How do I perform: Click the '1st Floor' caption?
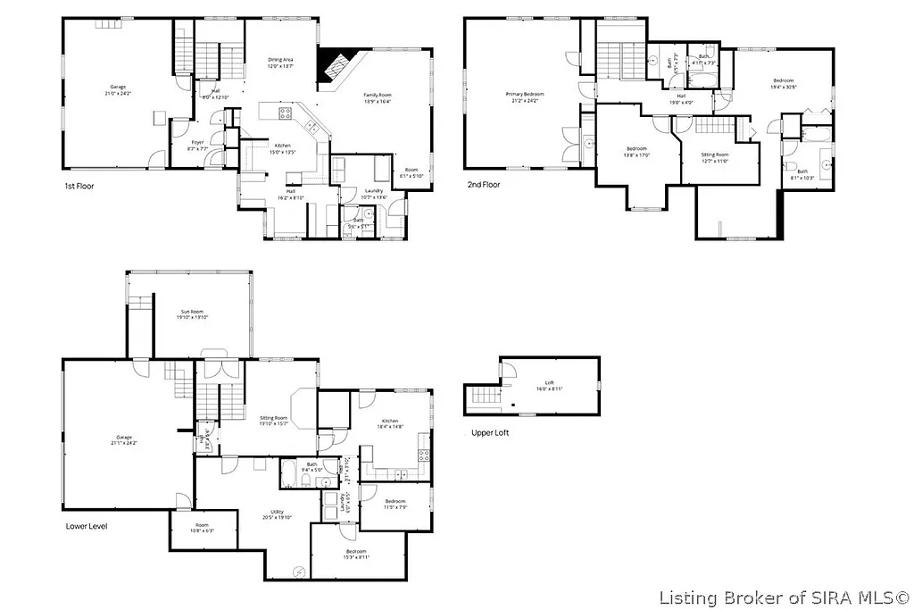click(79, 187)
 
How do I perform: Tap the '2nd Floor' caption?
click(484, 185)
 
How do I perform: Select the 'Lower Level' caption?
click(87, 526)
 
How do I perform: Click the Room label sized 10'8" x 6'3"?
click(202, 528)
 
